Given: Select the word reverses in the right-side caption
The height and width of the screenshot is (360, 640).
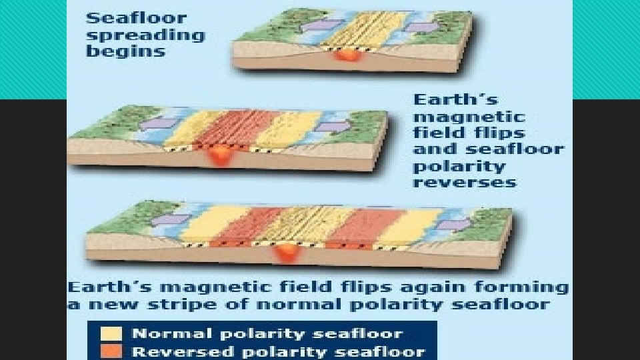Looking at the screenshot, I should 464,182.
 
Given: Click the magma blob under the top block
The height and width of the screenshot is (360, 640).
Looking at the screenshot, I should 346,55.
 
